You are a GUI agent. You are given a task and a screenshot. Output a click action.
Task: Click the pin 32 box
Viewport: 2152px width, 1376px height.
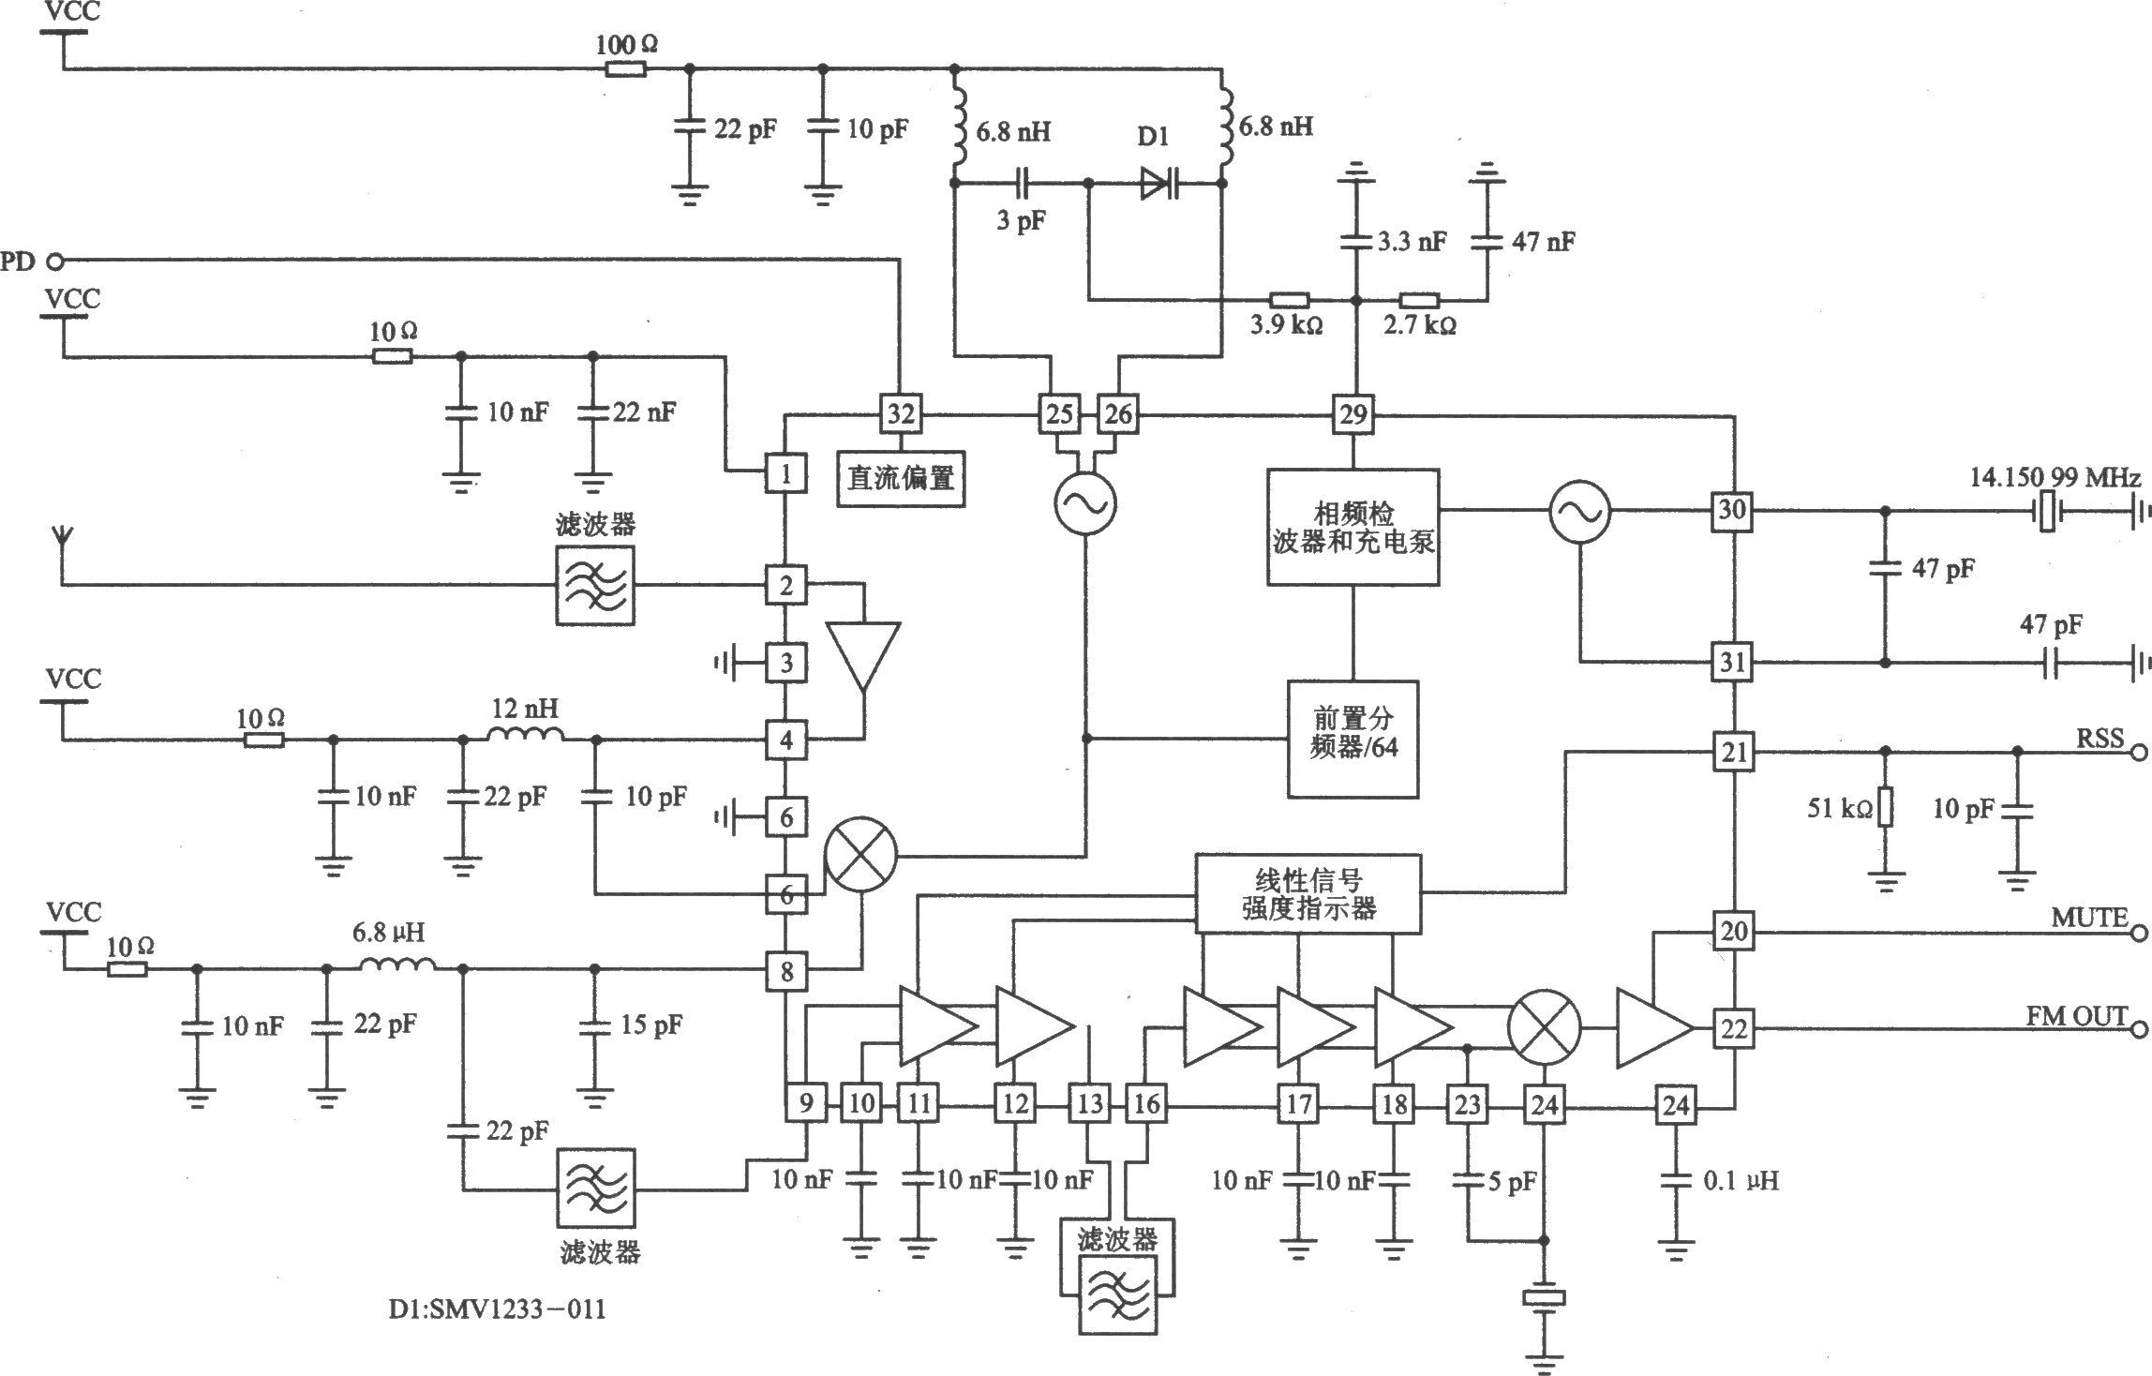pyautogui.click(x=900, y=413)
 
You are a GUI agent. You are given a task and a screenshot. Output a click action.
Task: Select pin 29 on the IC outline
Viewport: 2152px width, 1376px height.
pyautogui.click(x=1352, y=413)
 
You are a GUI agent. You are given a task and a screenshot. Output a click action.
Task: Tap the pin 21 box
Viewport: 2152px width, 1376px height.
pyautogui.click(x=1733, y=752)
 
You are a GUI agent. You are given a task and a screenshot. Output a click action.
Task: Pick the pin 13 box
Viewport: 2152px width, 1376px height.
pyautogui.click(x=1090, y=1103)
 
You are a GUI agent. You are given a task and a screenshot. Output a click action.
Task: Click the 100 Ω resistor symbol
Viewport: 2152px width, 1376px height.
pyautogui.click(x=625, y=68)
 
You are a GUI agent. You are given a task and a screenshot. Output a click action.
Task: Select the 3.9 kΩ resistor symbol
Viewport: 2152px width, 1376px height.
pyautogui.click(x=1290, y=301)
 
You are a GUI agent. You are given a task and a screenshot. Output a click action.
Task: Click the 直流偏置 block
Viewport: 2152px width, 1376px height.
pyautogui.click(x=901, y=479)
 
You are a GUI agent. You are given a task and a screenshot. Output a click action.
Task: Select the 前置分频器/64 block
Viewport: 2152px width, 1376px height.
pyautogui.click(x=1352, y=740)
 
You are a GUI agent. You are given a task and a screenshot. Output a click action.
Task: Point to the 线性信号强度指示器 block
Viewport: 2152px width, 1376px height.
pyautogui.click(x=1308, y=893)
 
